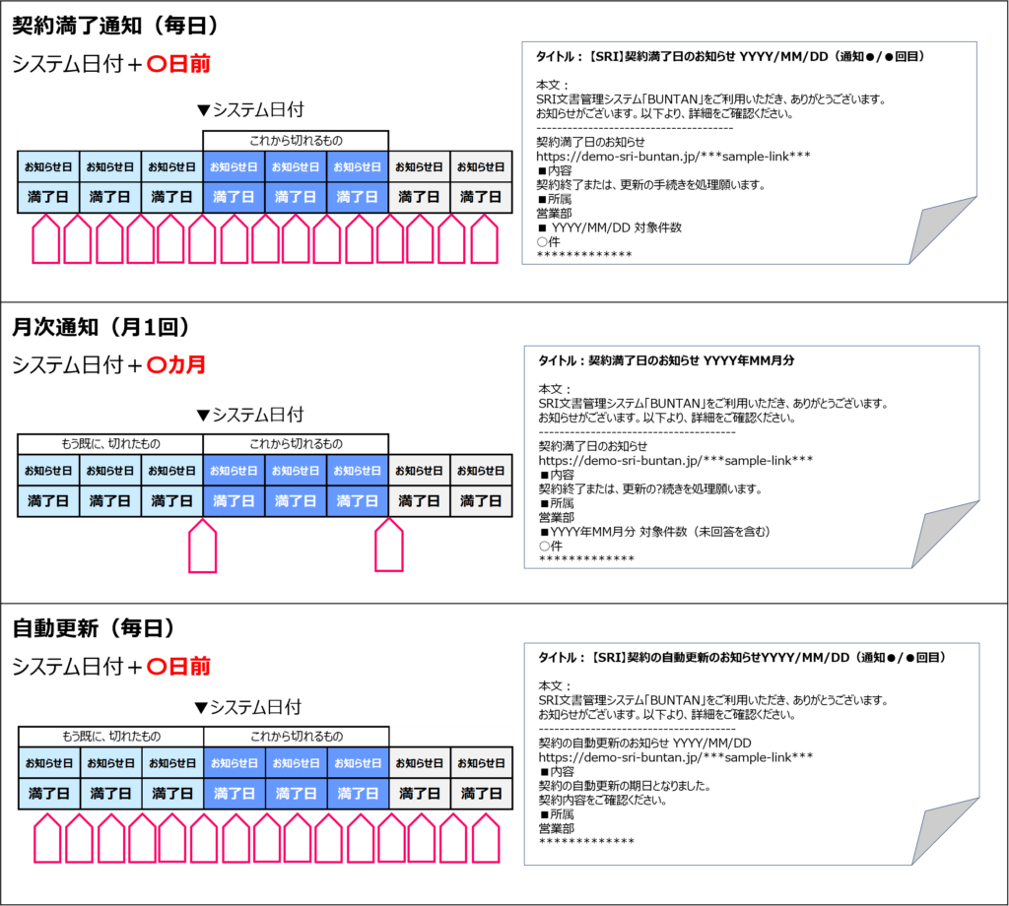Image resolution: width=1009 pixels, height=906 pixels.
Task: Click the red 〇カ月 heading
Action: pyautogui.click(x=175, y=364)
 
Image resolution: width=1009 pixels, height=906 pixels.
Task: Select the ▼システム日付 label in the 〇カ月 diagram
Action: pyautogui.click(x=250, y=415)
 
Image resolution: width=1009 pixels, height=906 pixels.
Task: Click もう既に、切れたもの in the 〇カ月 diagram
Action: pyautogui.click(x=110, y=443)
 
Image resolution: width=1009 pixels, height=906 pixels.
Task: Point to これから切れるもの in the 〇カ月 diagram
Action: pyautogui.click(x=296, y=443)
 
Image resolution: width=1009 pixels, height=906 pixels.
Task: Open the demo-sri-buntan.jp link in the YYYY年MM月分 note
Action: pyautogui.click(x=675, y=460)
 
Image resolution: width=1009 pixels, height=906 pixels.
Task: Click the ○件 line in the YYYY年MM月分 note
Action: pyautogui.click(x=550, y=546)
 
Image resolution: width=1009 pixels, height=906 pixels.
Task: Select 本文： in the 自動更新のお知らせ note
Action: pyautogui.click(x=554, y=685)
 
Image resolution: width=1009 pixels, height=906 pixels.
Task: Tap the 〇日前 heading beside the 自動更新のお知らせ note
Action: pyautogui.click(x=178, y=667)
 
